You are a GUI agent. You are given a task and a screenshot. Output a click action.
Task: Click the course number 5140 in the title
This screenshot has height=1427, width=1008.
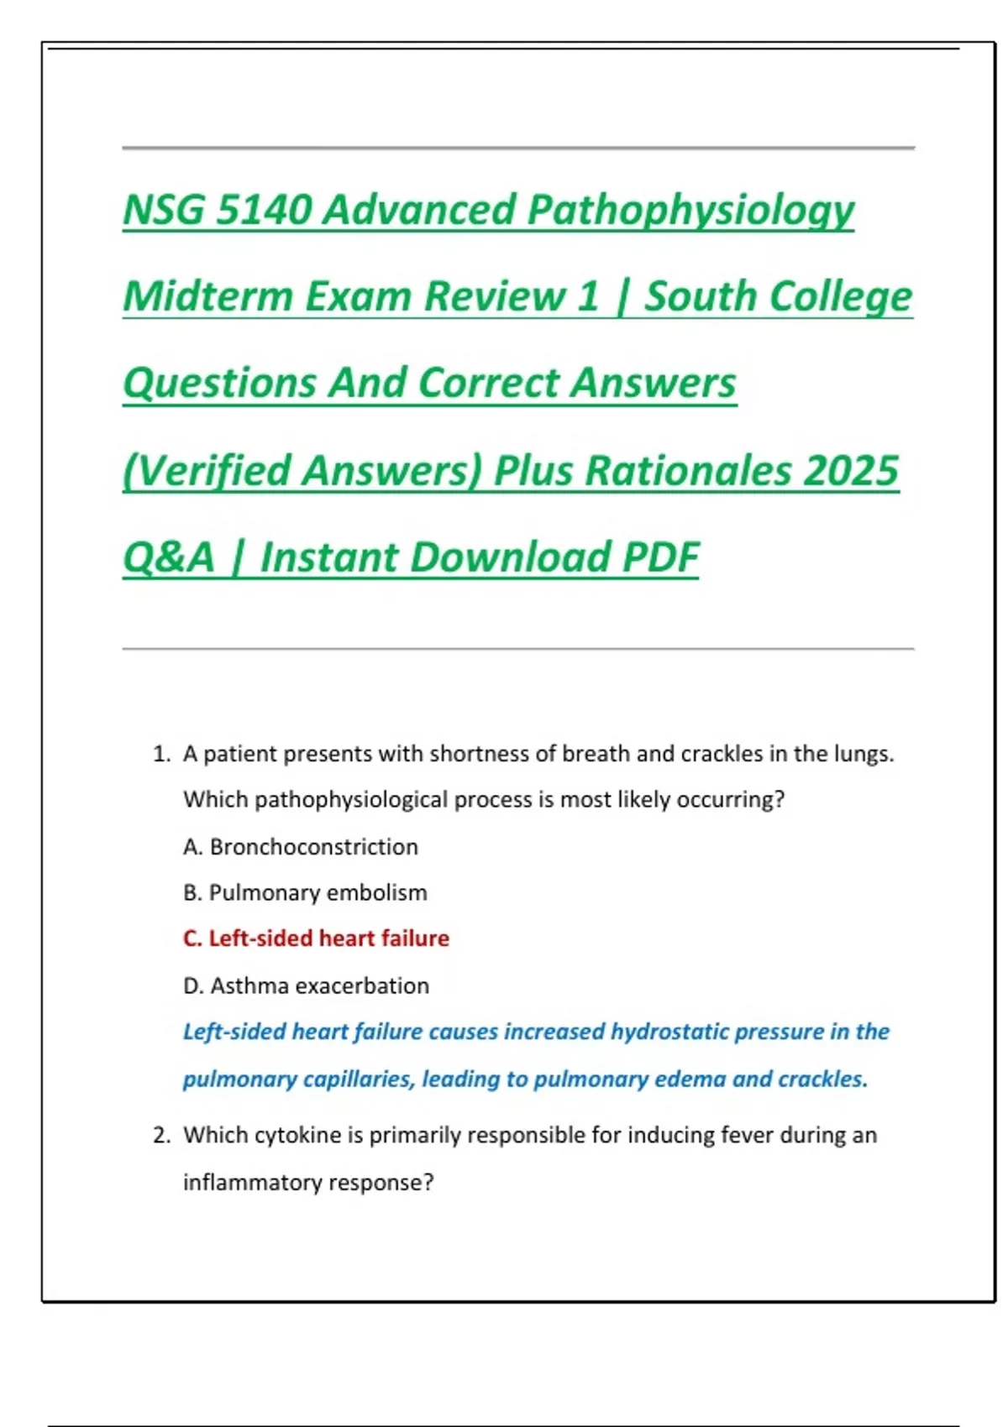[263, 210]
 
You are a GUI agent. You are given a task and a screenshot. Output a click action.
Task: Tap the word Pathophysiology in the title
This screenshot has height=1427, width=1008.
[690, 210]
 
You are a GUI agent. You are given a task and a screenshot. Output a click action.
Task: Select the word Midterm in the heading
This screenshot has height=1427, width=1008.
[207, 296]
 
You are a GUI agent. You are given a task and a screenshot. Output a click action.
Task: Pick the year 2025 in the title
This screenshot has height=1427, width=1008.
[851, 470]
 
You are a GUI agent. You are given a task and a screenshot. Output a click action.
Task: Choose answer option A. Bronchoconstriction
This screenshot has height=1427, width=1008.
[301, 847]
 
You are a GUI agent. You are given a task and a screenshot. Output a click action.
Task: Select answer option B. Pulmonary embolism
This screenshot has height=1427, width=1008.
[305, 892]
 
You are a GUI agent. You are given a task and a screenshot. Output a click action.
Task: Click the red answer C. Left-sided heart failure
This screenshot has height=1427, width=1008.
[316, 938]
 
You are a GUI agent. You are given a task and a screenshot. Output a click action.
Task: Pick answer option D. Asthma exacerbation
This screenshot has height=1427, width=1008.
[306, 985]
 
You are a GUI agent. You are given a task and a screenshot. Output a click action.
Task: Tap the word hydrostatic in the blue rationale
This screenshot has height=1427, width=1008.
[669, 1032]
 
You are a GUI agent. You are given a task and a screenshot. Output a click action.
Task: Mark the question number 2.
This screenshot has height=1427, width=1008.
[161, 1136]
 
